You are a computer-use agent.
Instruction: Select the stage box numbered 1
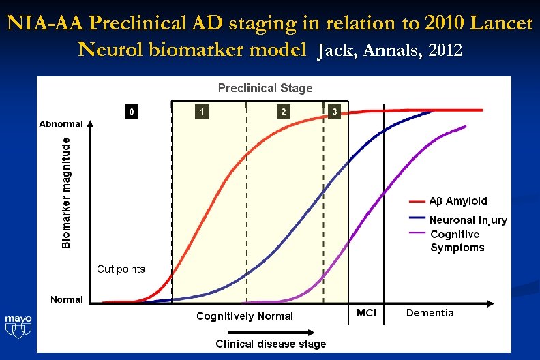201,111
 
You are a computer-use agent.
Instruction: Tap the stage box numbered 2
283,111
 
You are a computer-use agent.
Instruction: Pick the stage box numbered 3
333,111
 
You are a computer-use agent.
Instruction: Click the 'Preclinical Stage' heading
265,88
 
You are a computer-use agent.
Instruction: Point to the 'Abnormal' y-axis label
61,124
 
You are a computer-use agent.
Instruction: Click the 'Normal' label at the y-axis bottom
67,299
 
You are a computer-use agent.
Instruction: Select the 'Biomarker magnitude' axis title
66,192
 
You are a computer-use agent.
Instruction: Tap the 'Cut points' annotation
121,269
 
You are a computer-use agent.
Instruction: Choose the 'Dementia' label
430,312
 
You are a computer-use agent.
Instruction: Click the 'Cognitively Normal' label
245,316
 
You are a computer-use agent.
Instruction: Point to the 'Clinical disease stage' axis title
271,344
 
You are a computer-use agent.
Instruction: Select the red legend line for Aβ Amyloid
417,201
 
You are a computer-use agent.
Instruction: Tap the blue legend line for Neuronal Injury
417,218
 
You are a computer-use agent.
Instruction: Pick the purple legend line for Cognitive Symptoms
417,233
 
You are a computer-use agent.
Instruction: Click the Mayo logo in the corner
18,326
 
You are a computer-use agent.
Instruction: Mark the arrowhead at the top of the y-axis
91,126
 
